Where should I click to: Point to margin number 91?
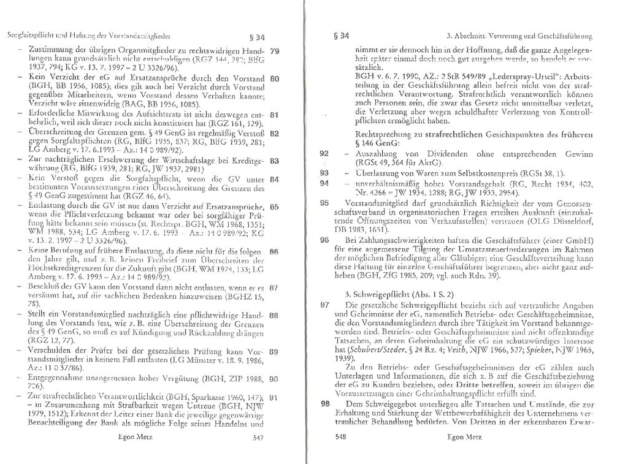coord(274,397)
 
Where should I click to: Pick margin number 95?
coord(324,202)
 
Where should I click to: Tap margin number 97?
coord(324,305)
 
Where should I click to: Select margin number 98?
coord(324,404)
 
